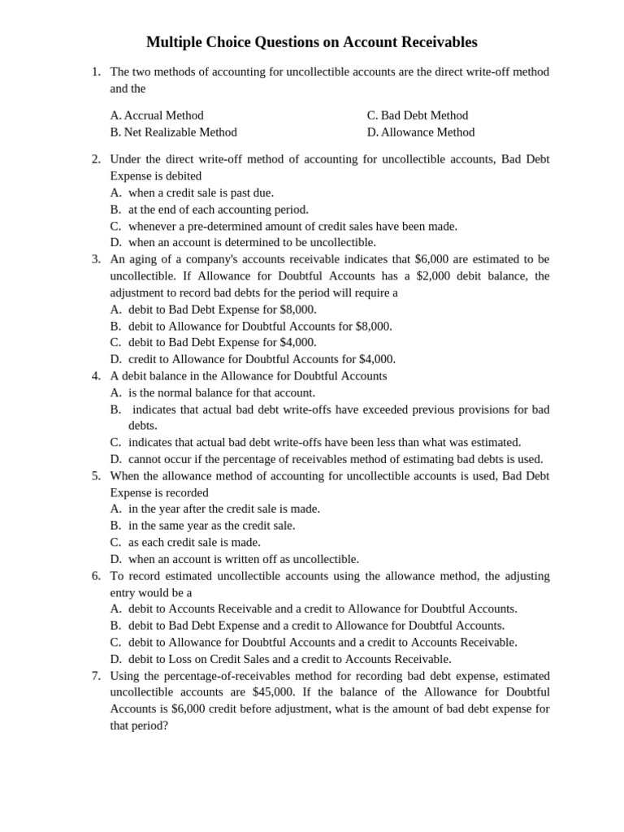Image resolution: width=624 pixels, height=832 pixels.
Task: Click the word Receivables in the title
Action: [x=435, y=42]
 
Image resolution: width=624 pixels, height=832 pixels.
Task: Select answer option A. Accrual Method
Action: [x=157, y=115]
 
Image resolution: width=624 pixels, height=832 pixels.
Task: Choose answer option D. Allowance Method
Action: [x=421, y=132]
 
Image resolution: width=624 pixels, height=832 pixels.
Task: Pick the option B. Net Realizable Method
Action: [x=174, y=132]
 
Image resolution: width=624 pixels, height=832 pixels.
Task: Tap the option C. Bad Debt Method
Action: [x=418, y=115]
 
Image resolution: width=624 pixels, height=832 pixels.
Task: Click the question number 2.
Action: [x=96, y=159]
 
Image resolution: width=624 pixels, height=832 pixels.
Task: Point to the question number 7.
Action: [x=96, y=676]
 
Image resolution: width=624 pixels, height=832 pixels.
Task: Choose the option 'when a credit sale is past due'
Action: [x=201, y=193]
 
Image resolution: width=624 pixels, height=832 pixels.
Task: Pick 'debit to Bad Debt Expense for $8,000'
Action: [x=222, y=310]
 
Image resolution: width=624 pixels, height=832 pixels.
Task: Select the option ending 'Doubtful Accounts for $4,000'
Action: [x=262, y=359]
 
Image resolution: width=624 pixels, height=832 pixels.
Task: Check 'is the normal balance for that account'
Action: [x=221, y=392]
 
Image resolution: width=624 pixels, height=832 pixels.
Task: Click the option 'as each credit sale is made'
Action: [x=194, y=542]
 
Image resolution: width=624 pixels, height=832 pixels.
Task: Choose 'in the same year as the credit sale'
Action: [x=211, y=526]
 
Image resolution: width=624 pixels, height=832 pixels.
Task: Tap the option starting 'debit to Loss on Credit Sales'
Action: [x=289, y=659]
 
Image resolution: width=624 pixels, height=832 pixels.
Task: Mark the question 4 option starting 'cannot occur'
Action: [x=336, y=459]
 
